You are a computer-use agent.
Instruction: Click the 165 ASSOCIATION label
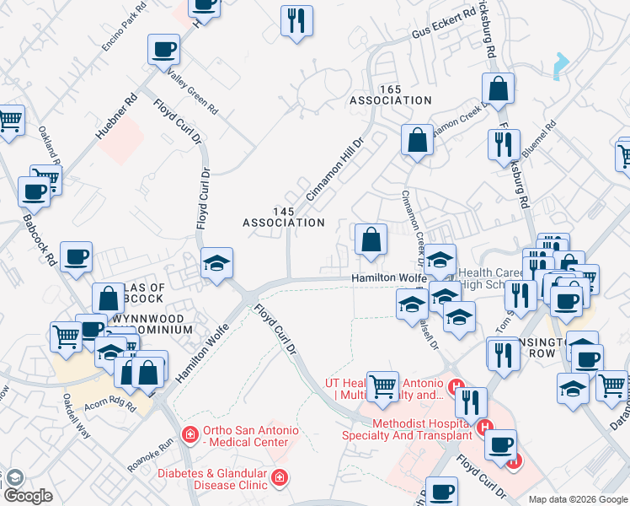391,94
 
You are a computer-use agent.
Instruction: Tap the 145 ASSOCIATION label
283,217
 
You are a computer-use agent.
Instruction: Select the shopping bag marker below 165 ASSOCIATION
417,141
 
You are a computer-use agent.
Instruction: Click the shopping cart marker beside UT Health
383,386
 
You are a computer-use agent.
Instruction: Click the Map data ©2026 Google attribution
578,499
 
